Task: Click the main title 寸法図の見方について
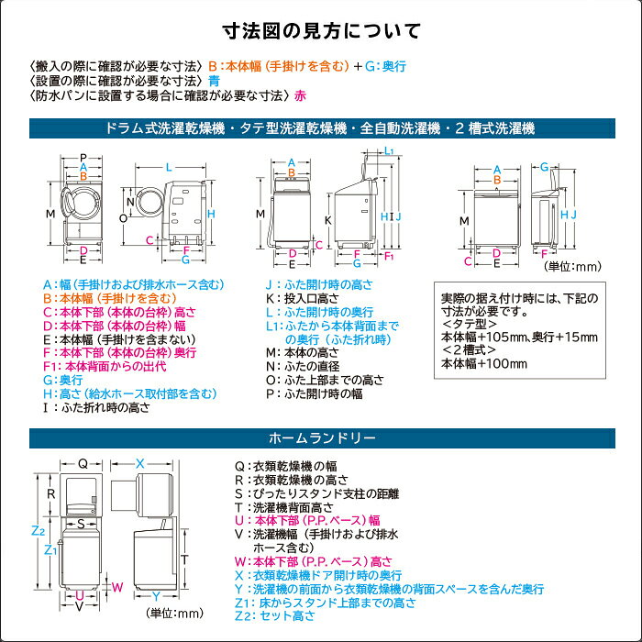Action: [321, 31]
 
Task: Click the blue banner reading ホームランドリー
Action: [322, 438]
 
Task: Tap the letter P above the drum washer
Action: [83, 158]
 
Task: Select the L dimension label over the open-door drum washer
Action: [169, 167]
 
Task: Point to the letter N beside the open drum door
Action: [130, 202]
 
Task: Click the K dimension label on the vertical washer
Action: [328, 220]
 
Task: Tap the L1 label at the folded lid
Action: [389, 150]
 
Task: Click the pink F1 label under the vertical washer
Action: [389, 256]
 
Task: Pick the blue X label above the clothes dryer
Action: [140, 463]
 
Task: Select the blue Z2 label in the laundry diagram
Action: [39, 531]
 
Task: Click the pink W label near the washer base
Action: [117, 587]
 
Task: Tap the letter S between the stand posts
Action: [81, 524]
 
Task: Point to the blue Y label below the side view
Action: [156, 596]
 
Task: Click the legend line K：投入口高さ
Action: [303, 298]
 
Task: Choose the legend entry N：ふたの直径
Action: [303, 366]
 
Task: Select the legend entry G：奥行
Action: [63, 380]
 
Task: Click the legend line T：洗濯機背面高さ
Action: [284, 507]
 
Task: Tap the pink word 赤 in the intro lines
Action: [300, 95]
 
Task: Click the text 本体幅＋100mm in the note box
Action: [484, 363]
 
